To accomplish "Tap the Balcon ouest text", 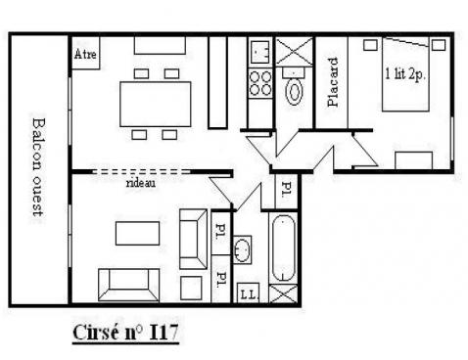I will click(38, 170).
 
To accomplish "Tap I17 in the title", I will click(163, 332).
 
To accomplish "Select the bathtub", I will click(283, 248).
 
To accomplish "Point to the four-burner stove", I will click(259, 82).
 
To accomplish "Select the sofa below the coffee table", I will click(125, 284).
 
